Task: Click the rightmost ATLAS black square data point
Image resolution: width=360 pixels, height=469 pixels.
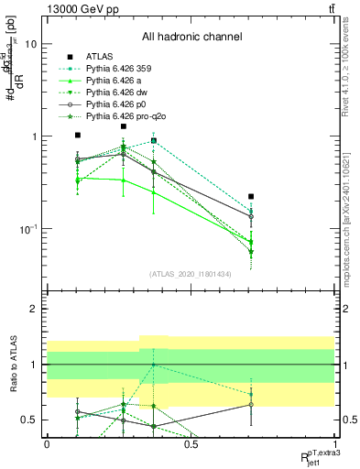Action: pyautogui.click(x=251, y=196)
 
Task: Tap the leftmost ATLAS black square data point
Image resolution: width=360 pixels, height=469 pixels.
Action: pyautogui.click(x=78, y=135)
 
